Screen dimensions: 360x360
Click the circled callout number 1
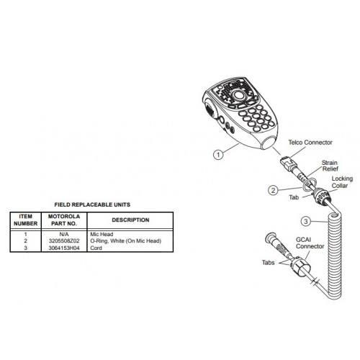218,155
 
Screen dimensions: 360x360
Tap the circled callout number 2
273,191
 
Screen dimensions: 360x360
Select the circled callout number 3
306,221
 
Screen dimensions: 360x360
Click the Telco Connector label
310,143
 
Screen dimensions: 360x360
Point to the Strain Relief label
330,166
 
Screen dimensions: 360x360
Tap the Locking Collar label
342,182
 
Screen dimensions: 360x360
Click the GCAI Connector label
310,243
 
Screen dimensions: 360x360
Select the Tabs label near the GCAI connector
268,263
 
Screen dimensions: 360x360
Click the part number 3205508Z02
64,240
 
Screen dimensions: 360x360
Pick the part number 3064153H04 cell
64,248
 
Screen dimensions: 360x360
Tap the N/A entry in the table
64,234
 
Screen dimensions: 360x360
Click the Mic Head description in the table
102,234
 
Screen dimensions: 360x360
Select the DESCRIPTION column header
130,220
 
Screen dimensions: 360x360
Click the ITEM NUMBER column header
26,220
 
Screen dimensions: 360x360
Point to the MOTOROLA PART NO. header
64,220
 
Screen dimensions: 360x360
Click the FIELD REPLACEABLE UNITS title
92,204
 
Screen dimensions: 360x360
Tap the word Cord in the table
96,248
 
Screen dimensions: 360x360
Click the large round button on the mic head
238,95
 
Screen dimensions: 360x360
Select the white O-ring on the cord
308,185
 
